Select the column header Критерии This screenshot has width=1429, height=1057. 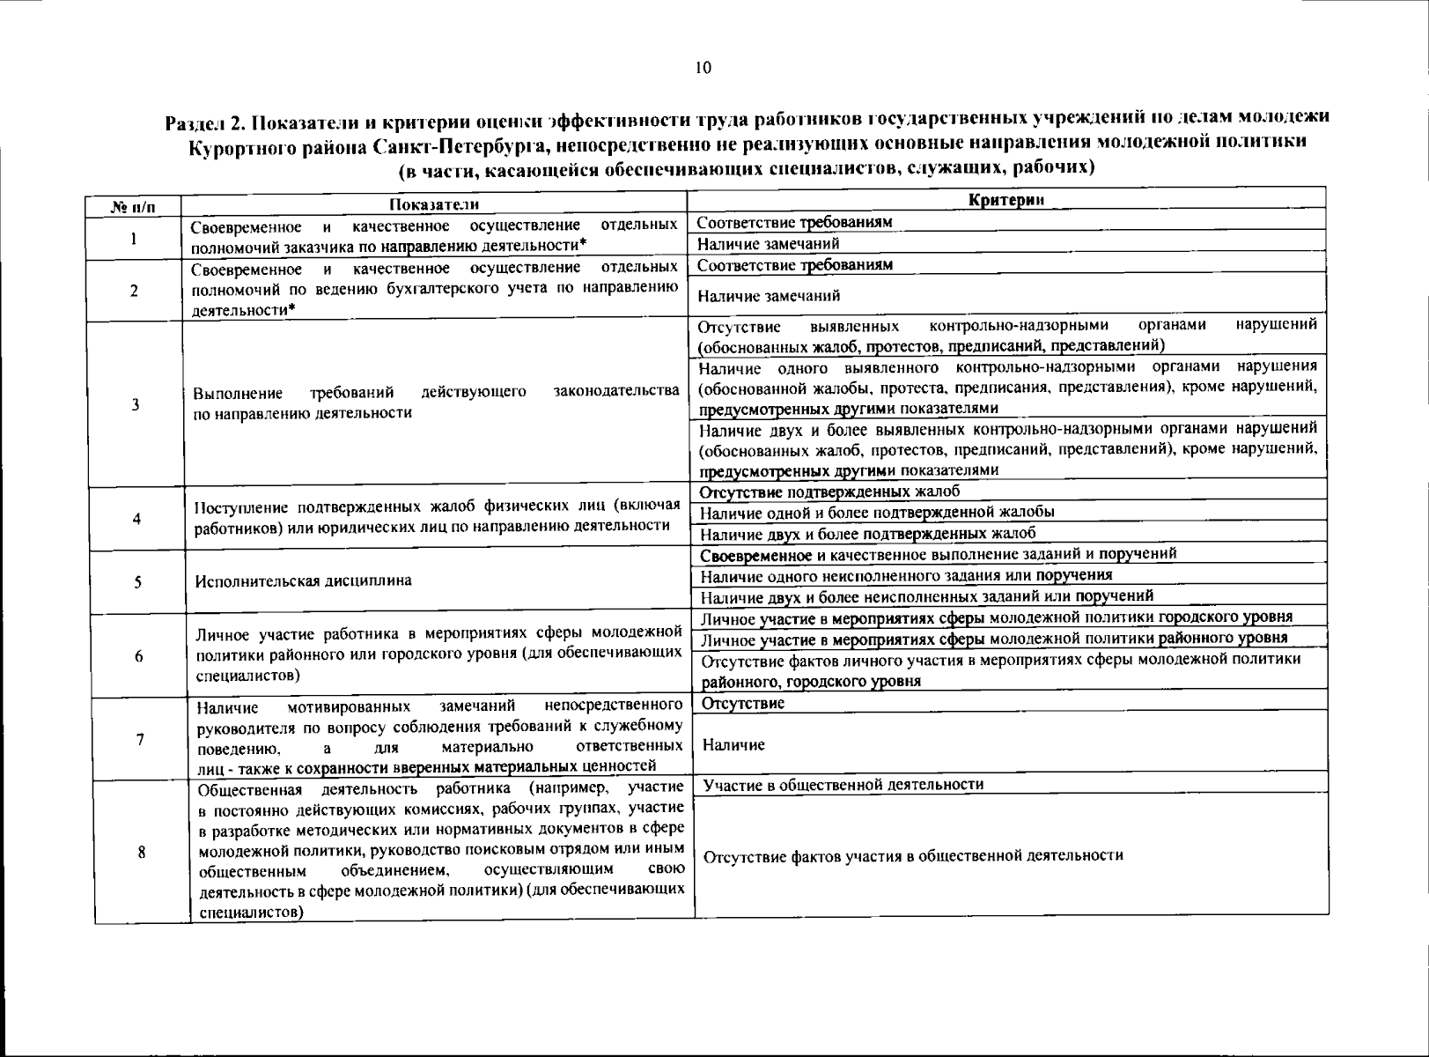[x=1005, y=200]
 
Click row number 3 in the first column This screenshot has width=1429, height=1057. [x=135, y=404]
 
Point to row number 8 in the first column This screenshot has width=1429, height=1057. [x=141, y=852]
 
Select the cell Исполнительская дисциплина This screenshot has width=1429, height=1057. [x=304, y=580]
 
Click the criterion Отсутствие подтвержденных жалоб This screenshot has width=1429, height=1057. [x=829, y=492]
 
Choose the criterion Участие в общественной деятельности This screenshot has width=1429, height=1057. [x=843, y=784]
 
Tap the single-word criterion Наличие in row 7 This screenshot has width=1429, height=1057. [x=733, y=745]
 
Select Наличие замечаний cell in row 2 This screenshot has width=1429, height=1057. [x=769, y=296]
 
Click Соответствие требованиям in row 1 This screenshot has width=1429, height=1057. [x=794, y=222]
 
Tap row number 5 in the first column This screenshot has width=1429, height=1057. [x=138, y=582]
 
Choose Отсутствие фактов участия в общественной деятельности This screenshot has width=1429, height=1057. [x=913, y=855]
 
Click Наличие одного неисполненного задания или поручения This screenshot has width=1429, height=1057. [x=906, y=575]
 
